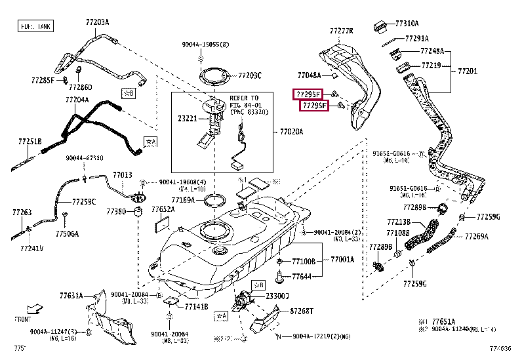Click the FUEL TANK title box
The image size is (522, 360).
[35, 27]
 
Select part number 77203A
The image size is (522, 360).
[97, 22]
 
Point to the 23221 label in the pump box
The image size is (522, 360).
[187, 119]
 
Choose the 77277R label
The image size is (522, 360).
[341, 31]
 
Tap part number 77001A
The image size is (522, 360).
[342, 259]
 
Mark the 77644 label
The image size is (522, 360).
[302, 277]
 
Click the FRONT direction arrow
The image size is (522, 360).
[34, 308]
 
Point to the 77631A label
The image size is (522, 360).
[69, 295]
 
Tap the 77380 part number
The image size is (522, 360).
[116, 212]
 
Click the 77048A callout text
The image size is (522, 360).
[309, 75]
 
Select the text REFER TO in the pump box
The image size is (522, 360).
[244, 98]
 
